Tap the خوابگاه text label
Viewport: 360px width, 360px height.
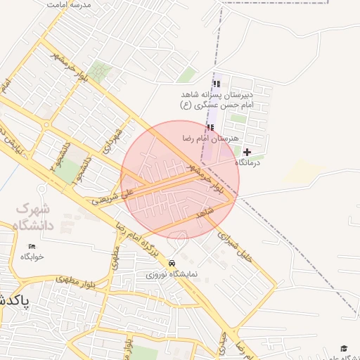(32, 257)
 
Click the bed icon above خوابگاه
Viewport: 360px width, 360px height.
(32, 246)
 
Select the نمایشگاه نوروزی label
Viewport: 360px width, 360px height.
(172, 274)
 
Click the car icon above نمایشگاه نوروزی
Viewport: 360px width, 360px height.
(172, 263)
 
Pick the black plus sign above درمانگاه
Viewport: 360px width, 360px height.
(247, 152)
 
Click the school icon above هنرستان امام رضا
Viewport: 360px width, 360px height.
(210, 127)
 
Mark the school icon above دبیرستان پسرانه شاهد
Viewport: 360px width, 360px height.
(216, 84)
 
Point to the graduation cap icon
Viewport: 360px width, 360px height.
(344, 348)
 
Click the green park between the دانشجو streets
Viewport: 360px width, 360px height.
(67, 171)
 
